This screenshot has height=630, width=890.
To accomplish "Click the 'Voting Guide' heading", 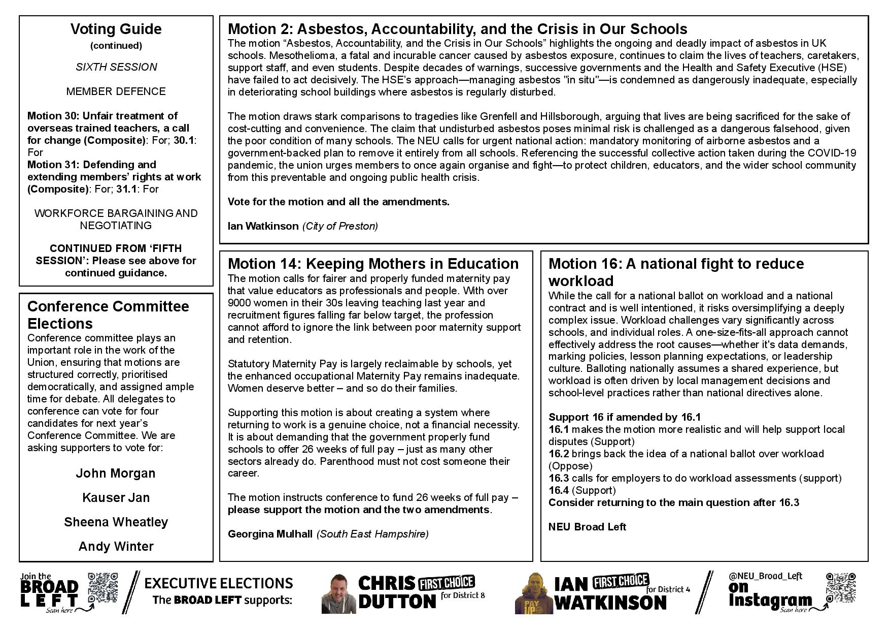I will click(116, 29).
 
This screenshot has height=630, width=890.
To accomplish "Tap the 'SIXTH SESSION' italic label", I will click(116, 67).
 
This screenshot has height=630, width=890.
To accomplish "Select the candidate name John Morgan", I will click(116, 474).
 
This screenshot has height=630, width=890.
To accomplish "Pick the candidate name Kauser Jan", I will click(116, 498).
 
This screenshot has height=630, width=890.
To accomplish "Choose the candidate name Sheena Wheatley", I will click(116, 522).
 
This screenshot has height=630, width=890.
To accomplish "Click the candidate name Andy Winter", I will click(116, 547).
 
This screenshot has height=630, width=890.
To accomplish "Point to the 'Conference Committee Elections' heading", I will click(108, 315).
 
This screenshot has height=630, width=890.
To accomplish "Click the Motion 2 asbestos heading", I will click(457, 29).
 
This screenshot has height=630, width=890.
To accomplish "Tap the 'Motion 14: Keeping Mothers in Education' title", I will click(373, 264).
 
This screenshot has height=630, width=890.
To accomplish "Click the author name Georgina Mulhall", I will click(270, 534).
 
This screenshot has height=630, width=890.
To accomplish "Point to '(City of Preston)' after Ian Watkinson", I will click(340, 226).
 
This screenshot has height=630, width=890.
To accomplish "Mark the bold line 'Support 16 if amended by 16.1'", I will click(625, 417).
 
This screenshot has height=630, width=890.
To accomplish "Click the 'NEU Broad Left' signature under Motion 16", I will click(587, 527).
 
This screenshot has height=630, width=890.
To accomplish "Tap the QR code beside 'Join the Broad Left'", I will click(103, 588).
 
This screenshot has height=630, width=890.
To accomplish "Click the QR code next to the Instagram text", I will click(841, 588).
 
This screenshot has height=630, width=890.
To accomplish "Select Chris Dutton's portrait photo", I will click(336, 593).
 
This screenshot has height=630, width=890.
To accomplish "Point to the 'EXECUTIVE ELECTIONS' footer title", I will click(219, 583).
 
